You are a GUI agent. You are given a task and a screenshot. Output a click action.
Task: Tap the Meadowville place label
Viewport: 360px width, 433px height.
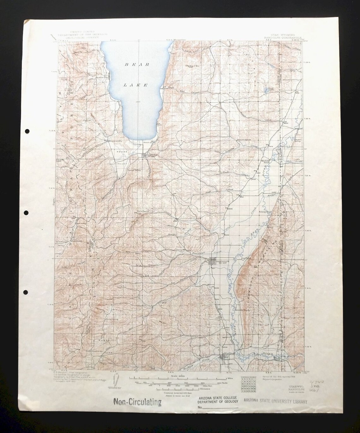coord(114,141)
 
